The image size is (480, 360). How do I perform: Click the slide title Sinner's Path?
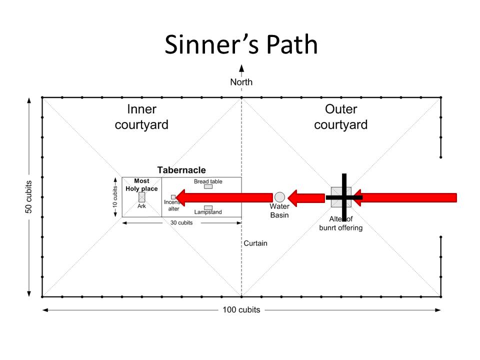(x=241, y=45)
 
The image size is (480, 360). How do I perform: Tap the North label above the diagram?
(x=241, y=82)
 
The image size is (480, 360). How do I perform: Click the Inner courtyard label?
(x=141, y=117)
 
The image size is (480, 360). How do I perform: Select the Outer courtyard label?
(x=340, y=117)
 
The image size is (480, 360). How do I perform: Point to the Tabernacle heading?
(x=181, y=170)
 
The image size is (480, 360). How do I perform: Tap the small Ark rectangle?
(x=141, y=197)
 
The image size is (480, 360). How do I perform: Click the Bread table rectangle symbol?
(x=208, y=186)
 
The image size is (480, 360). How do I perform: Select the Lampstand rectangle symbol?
(x=208, y=207)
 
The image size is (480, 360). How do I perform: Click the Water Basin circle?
(x=279, y=197)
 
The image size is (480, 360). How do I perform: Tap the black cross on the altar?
(x=344, y=197)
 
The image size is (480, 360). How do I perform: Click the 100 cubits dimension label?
(x=241, y=310)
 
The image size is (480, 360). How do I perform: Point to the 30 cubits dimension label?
(x=181, y=222)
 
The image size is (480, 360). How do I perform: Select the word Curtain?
(x=255, y=243)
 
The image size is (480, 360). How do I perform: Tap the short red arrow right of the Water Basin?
(x=306, y=197)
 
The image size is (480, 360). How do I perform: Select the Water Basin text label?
(x=279, y=210)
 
